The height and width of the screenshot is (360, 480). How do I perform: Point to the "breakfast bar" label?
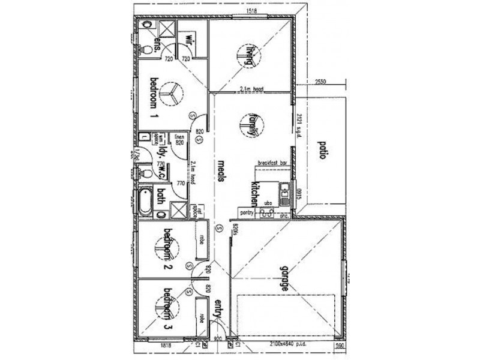tap(273, 163)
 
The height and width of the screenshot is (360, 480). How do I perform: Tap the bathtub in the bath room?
tap(143, 203)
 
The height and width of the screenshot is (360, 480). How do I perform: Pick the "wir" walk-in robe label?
tap(188, 41)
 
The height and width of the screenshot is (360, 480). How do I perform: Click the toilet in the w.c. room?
tap(145, 173)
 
